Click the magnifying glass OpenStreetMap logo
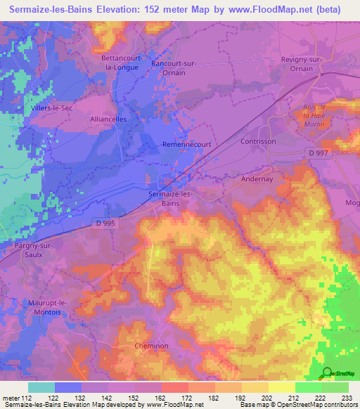327,374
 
